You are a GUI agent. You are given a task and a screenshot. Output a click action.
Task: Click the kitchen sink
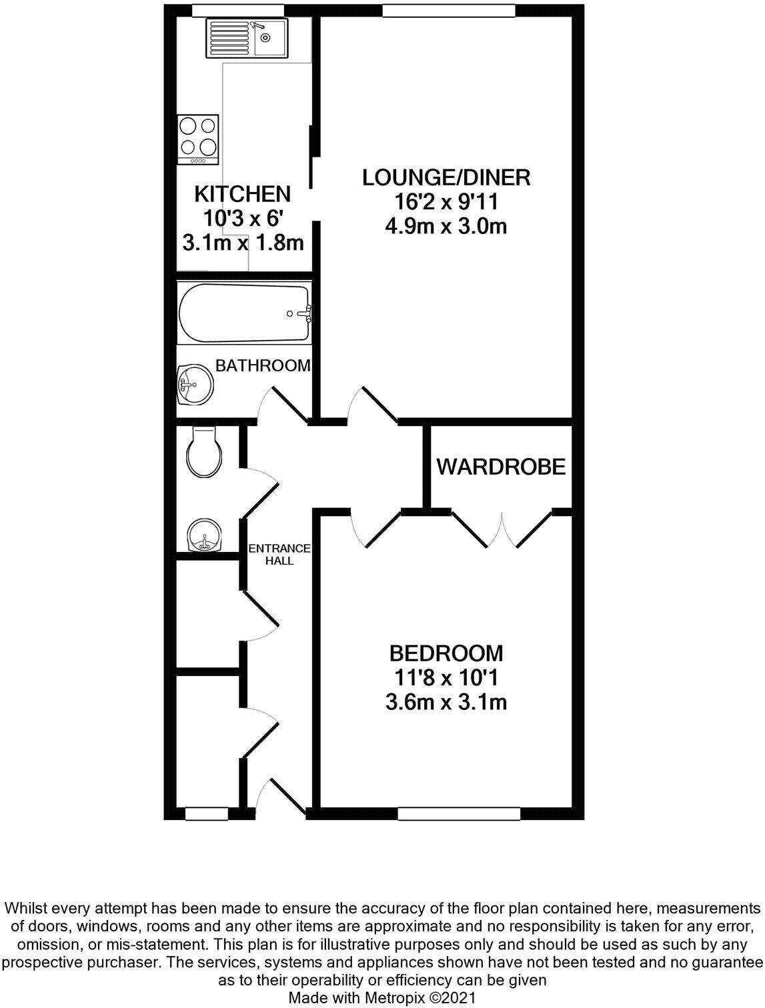pyautogui.click(x=247, y=38)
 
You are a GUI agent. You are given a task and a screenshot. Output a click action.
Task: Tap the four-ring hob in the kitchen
pyautogui.click(x=199, y=139)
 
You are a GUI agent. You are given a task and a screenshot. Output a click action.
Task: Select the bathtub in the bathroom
pyautogui.click(x=244, y=313)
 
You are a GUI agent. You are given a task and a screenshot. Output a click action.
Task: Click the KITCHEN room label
pyautogui.click(x=243, y=194)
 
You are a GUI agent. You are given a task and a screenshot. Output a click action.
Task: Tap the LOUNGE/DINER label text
pyautogui.click(x=446, y=177)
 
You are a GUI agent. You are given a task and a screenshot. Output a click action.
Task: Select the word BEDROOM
pyautogui.click(x=446, y=653)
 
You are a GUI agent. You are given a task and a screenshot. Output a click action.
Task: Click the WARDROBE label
pyautogui.click(x=501, y=467)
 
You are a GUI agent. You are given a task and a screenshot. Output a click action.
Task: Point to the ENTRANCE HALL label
pyautogui.click(x=279, y=555)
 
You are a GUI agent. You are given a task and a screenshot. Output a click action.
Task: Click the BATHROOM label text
pyautogui.click(x=263, y=365)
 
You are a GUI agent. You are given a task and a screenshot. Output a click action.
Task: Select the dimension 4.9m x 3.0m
pyautogui.click(x=446, y=227)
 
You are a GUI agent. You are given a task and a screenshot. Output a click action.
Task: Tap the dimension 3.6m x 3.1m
pyautogui.click(x=446, y=702)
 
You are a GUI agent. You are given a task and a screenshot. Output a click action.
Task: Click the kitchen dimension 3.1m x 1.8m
pyautogui.click(x=243, y=243)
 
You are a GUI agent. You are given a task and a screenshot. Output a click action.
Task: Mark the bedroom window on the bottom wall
pyautogui.click(x=459, y=813)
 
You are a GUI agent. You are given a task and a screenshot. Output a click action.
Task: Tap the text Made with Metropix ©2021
pyautogui.click(x=381, y=998)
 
